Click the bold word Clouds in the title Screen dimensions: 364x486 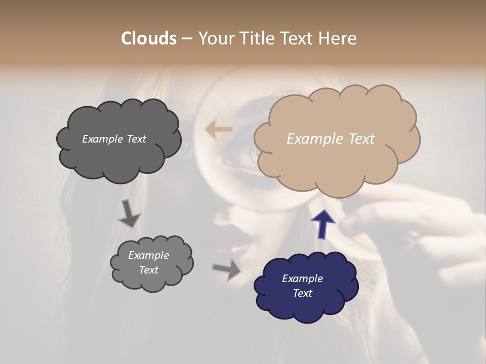click(x=149, y=38)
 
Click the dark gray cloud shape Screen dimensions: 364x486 click(x=118, y=140)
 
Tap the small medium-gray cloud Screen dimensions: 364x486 click(x=151, y=263)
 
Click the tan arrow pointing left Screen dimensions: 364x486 click(x=218, y=129)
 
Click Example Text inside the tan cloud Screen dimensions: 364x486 click(x=331, y=139)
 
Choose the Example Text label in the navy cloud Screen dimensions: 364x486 click(x=302, y=286)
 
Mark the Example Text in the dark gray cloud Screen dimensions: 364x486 click(x=114, y=139)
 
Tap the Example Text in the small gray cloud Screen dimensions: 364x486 click(x=148, y=262)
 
